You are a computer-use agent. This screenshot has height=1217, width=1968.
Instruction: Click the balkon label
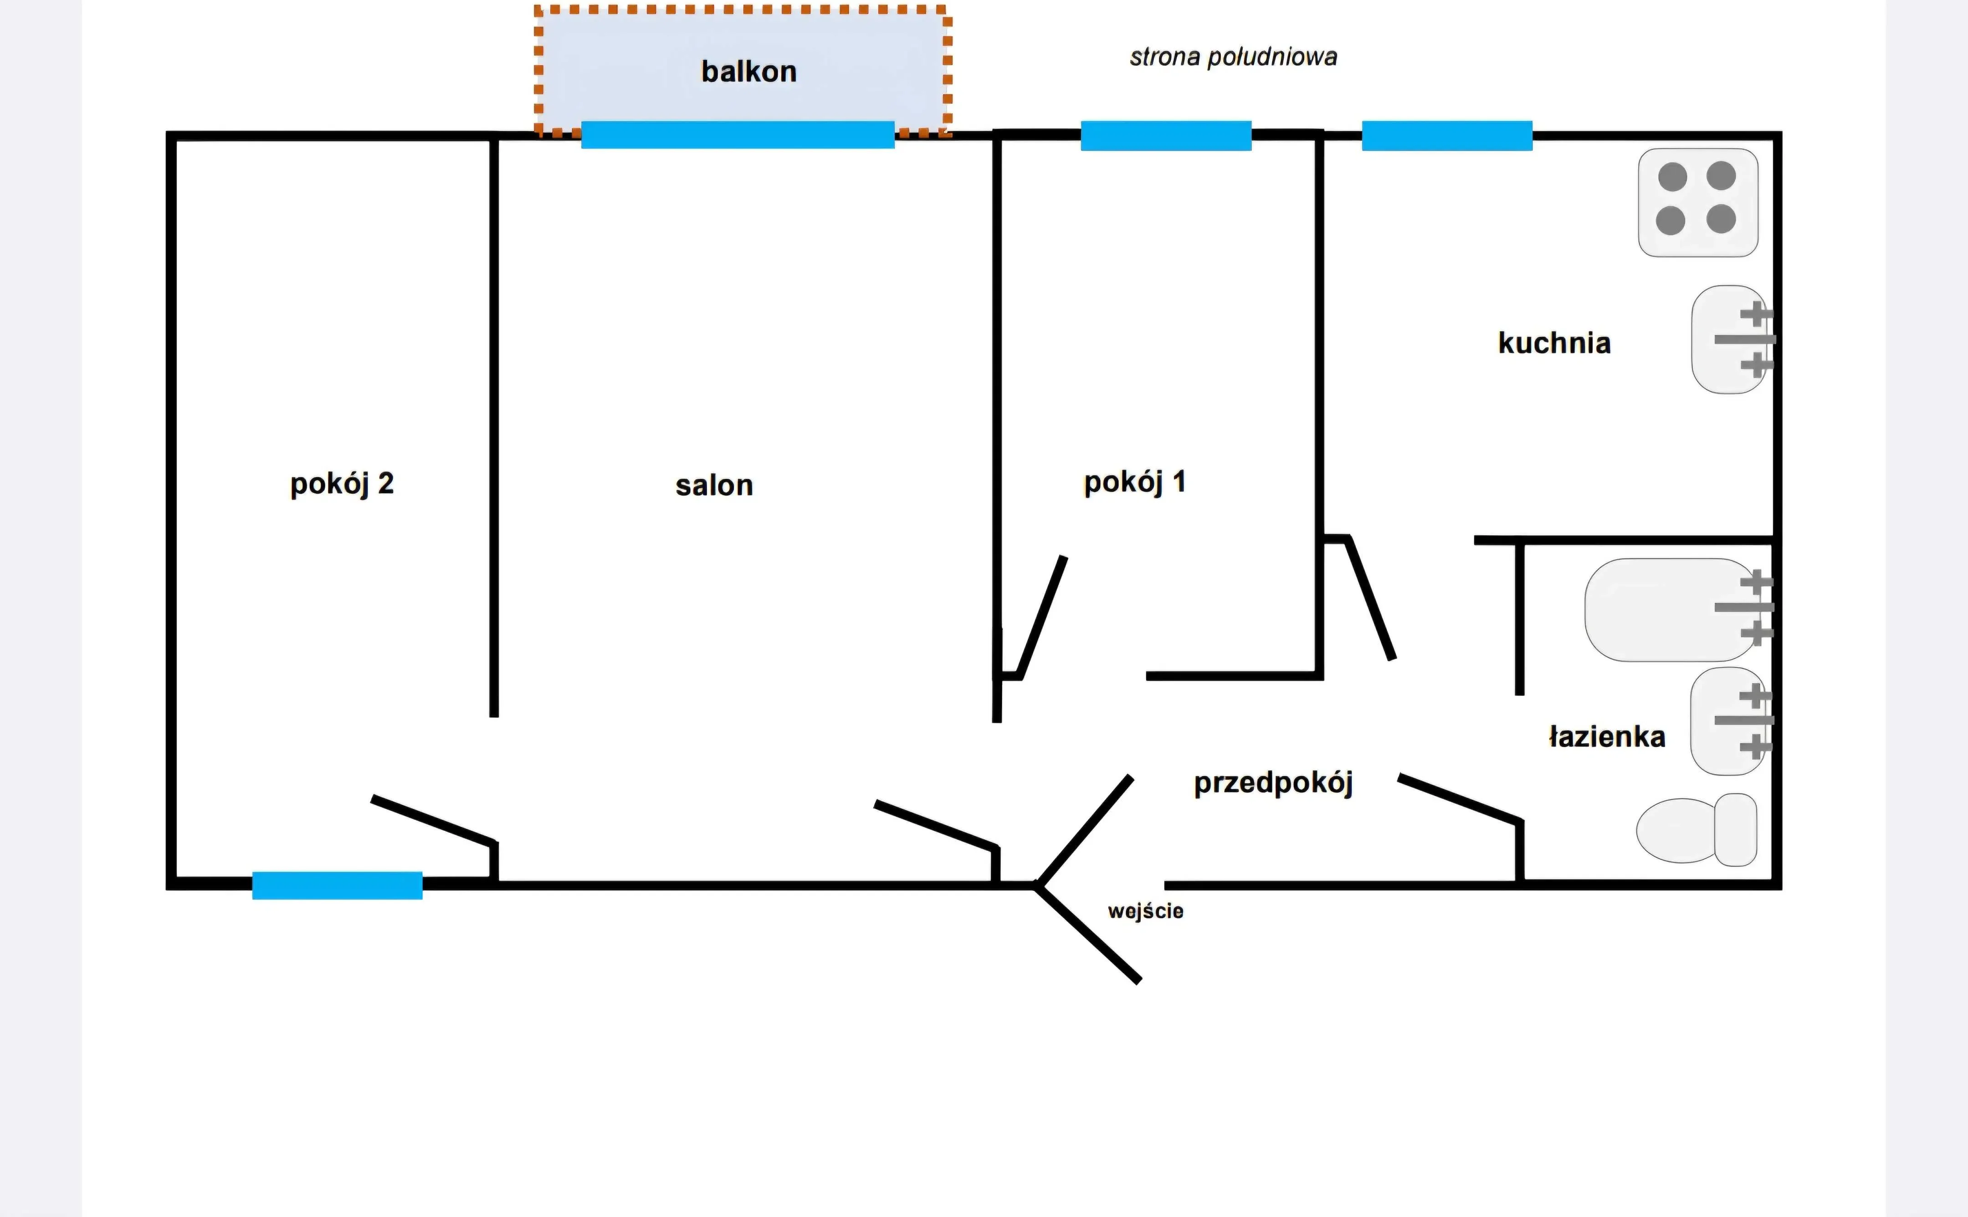coord(748,72)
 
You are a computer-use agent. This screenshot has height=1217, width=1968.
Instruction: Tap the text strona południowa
coord(1233,57)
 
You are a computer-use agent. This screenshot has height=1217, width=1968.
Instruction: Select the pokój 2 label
coord(342,484)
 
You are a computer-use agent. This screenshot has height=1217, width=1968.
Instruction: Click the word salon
coord(714,486)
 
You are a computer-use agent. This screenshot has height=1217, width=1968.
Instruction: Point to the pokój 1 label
coord(1135,482)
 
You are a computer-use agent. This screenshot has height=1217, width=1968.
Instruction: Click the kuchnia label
coord(1554,343)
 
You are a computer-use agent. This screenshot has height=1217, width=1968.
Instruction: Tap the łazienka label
coord(1607,736)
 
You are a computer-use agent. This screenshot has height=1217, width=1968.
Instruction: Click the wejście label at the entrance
coord(1145,911)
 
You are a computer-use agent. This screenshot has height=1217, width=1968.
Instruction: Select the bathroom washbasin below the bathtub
coord(1731,721)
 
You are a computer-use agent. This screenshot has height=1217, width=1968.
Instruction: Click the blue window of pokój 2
coord(337,885)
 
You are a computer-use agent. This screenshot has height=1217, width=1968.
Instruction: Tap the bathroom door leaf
coord(1460,799)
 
